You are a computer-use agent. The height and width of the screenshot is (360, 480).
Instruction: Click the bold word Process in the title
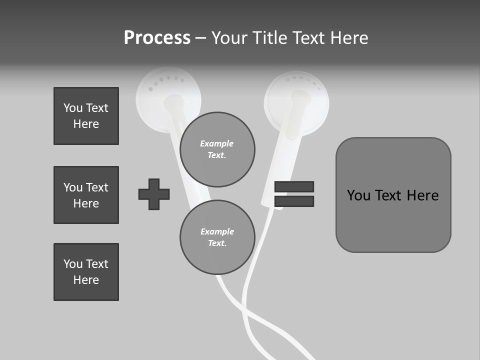(x=157, y=38)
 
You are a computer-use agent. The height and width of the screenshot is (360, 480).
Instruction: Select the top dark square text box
(x=86, y=116)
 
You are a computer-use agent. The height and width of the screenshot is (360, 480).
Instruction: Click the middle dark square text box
(x=86, y=195)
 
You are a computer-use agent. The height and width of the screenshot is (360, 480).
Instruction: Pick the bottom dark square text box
(x=86, y=272)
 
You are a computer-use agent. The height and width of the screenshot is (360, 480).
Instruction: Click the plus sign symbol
(x=154, y=194)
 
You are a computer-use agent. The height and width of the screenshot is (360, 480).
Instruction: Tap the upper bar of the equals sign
(x=294, y=186)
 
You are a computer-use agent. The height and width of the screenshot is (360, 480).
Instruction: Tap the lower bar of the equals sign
(x=294, y=201)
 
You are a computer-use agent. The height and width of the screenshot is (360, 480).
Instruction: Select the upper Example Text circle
(x=217, y=149)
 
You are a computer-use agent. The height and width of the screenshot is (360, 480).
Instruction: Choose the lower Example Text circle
(x=217, y=237)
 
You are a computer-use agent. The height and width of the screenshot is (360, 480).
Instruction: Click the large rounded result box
(x=393, y=195)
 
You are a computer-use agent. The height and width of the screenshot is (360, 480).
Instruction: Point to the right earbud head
(x=296, y=102)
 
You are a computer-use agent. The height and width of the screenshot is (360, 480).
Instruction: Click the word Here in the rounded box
(x=422, y=195)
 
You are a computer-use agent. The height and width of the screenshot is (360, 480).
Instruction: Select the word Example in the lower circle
(x=217, y=231)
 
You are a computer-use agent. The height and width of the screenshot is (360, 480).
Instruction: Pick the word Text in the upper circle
(x=216, y=155)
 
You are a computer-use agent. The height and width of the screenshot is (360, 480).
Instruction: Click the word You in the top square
(x=73, y=108)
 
